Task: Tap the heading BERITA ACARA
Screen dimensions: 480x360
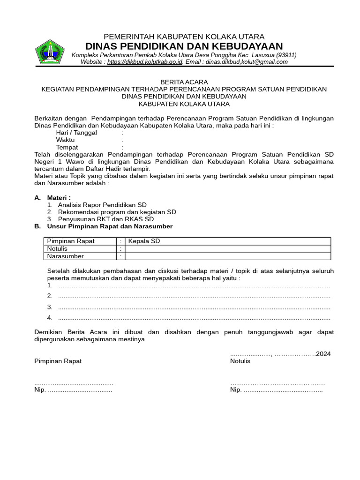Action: click(x=184, y=82)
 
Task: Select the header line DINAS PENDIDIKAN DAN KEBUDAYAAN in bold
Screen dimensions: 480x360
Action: click(x=184, y=46)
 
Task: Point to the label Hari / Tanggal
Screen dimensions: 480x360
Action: click(x=76, y=133)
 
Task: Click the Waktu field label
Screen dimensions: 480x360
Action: click(x=65, y=140)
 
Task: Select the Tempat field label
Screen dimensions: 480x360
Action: click(x=67, y=147)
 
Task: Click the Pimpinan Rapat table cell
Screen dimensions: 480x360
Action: click(x=71, y=241)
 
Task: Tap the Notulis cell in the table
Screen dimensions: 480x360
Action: click(x=58, y=248)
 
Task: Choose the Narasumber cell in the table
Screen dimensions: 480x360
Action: click(x=66, y=256)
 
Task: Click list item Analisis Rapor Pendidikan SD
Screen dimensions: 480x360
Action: click(x=102, y=205)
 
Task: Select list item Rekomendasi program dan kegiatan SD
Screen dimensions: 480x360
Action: click(x=117, y=212)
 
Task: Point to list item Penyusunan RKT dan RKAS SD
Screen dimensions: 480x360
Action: click(x=105, y=219)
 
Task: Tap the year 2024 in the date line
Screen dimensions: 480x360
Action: click(x=323, y=354)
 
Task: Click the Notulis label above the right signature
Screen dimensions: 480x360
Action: click(x=240, y=361)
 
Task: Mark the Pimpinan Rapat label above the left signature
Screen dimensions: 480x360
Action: click(x=58, y=361)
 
